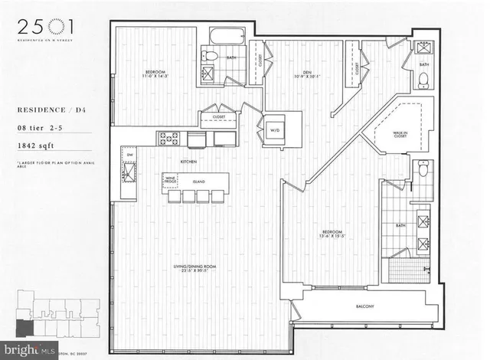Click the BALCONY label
point(364,307)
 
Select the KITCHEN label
point(189,162)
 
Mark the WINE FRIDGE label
point(171,182)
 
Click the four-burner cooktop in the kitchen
point(168,139)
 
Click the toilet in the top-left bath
point(210,56)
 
